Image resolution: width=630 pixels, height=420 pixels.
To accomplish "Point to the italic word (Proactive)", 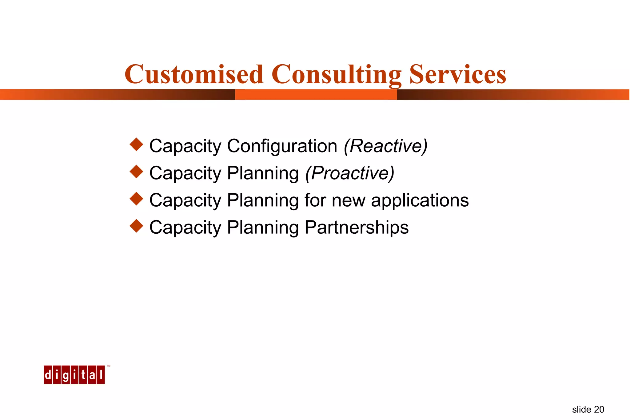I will point(350,173).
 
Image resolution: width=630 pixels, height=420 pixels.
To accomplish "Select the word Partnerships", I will point(357,228).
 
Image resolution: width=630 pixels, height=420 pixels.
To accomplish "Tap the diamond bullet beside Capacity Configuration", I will point(136,145).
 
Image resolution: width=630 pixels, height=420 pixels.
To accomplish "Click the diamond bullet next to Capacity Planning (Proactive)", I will point(136,172).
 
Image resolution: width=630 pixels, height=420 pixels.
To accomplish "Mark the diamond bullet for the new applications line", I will point(136,199).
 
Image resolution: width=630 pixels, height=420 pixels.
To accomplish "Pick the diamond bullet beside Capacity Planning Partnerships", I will point(136,226).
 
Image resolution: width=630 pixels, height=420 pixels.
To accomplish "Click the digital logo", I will point(74,374).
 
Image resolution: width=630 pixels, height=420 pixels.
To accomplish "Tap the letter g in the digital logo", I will point(66,375).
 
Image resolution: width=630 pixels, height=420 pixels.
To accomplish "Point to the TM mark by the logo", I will point(109,366).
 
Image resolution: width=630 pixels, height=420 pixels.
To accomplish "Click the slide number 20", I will point(599,410).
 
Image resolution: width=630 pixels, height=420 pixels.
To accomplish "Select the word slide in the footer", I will point(581,410).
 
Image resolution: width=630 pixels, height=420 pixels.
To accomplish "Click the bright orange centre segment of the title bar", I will point(316,94).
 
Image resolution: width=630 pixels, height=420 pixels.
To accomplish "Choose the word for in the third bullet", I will point(315,200).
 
